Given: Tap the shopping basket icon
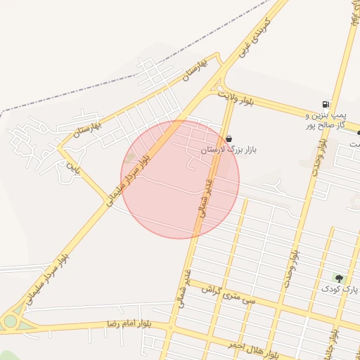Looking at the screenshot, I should tap(229, 139).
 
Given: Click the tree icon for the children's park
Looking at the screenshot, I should tap(339, 278).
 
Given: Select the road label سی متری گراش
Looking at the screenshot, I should tap(227, 295).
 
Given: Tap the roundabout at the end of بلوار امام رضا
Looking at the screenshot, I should tap(10, 321).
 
